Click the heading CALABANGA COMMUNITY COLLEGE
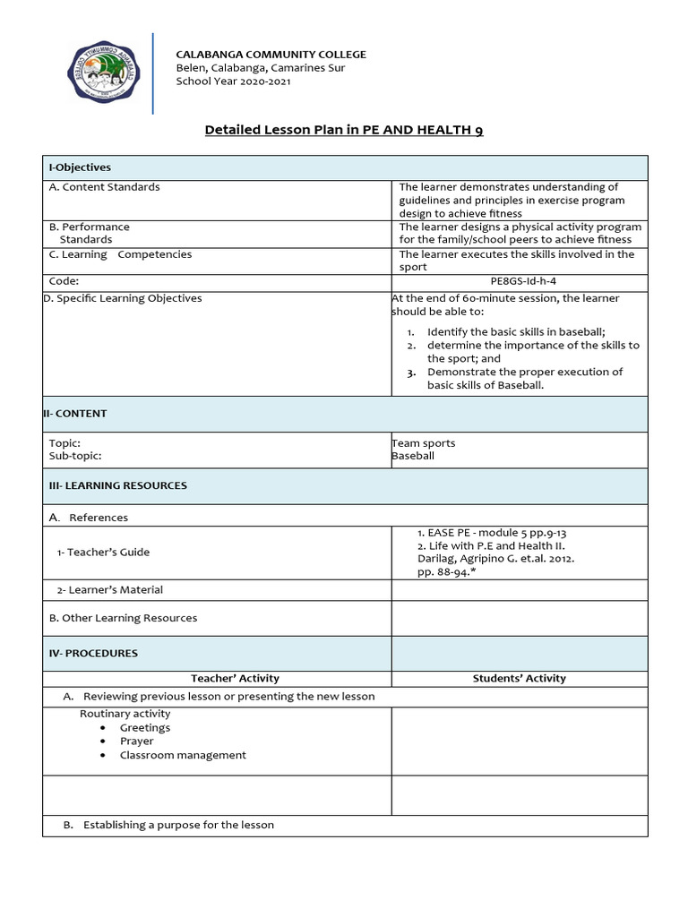click(271, 55)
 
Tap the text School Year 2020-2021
click(233, 81)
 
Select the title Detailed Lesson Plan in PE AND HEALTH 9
click(344, 131)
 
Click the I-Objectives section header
click(80, 167)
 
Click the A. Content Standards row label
click(105, 187)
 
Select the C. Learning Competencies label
click(120, 254)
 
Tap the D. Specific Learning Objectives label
click(123, 298)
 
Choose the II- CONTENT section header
click(75, 414)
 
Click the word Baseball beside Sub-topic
click(413, 456)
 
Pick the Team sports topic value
click(423, 443)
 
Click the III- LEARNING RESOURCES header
click(118, 485)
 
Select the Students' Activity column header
click(519, 679)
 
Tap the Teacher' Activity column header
click(235, 679)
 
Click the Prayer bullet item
click(137, 741)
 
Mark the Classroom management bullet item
click(183, 755)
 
